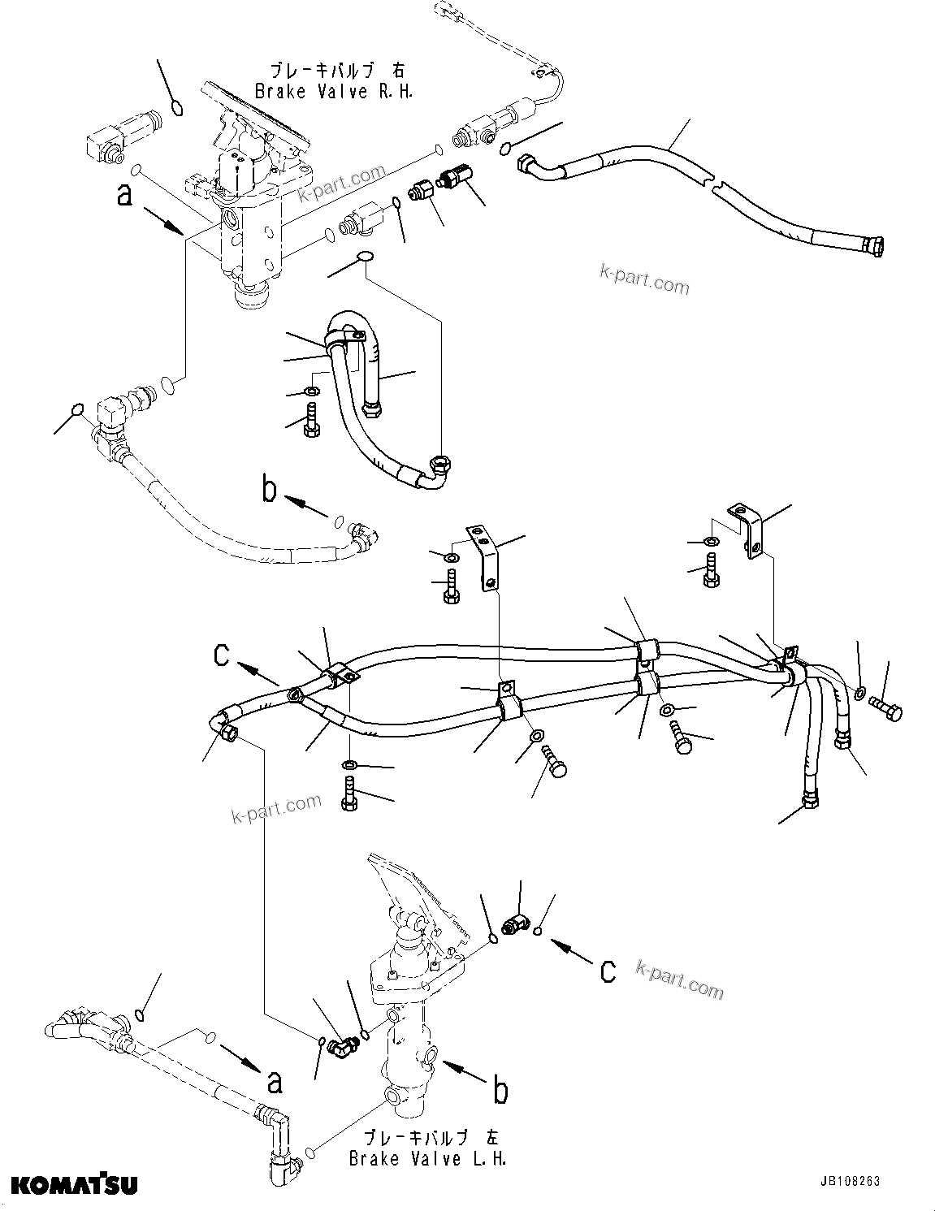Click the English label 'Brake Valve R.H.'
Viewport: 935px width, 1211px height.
click(x=334, y=92)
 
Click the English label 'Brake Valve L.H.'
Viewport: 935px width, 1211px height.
click(x=427, y=1158)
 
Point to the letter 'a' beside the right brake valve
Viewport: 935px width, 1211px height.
click(x=123, y=196)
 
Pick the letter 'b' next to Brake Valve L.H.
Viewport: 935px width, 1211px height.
click(x=501, y=1091)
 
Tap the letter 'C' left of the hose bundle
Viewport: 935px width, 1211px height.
click(x=221, y=655)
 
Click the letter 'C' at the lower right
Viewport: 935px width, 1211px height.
click(x=608, y=971)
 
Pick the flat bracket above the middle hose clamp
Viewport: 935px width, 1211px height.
click(x=485, y=558)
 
